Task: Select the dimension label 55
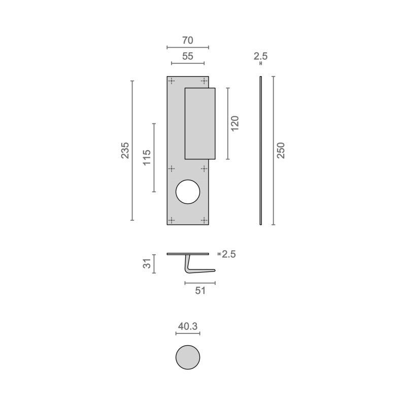188,57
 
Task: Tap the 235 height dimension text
125,151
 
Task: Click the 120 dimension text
234,123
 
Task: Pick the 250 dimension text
281,151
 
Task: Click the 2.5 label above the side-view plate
260,56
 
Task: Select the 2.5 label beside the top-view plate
228,254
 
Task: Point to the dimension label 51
200,290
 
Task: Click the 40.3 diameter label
188,327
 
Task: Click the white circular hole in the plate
188,192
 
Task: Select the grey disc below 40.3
188,357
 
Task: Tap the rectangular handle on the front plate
200,123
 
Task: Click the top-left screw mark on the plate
172,81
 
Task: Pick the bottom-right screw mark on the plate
204,220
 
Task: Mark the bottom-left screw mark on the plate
172,220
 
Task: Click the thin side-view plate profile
260,151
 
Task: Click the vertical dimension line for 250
273,151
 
